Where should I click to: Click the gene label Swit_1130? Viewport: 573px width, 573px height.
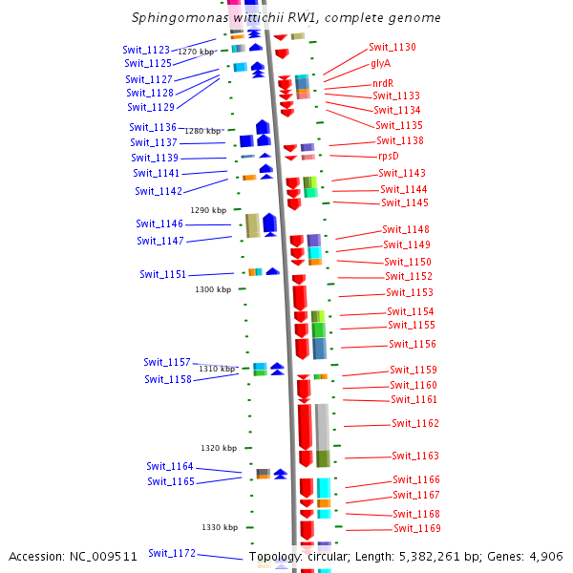tap(392, 47)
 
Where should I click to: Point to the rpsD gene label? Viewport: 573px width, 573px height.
tap(389, 156)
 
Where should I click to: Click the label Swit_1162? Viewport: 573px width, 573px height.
tap(415, 423)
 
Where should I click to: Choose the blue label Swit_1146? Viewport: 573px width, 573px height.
tap(159, 223)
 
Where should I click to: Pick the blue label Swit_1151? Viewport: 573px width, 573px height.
tap(163, 274)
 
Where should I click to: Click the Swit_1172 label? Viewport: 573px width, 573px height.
tap(172, 553)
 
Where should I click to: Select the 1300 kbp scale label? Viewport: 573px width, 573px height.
tap(213, 288)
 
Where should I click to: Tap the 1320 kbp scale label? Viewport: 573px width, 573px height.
tap(219, 448)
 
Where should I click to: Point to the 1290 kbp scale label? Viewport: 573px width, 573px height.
tap(208, 210)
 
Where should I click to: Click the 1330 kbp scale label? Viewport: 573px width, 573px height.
tap(219, 527)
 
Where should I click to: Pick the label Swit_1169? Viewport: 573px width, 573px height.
tap(417, 528)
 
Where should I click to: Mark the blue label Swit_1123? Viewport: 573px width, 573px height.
tap(146, 50)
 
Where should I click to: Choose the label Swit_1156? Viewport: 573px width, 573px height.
tap(413, 344)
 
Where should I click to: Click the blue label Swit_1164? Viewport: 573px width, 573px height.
tap(170, 466)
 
